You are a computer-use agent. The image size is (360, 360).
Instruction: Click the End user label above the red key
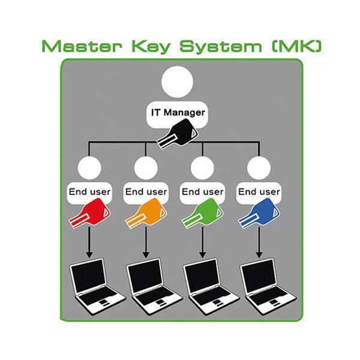pos(89,192)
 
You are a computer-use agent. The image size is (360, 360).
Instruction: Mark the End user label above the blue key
pos(259,192)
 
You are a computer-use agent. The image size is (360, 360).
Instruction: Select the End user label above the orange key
pos(145,192)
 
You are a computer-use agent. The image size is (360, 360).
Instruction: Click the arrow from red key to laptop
pos(89,243)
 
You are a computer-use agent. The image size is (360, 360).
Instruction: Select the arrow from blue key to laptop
pos(259,243)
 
